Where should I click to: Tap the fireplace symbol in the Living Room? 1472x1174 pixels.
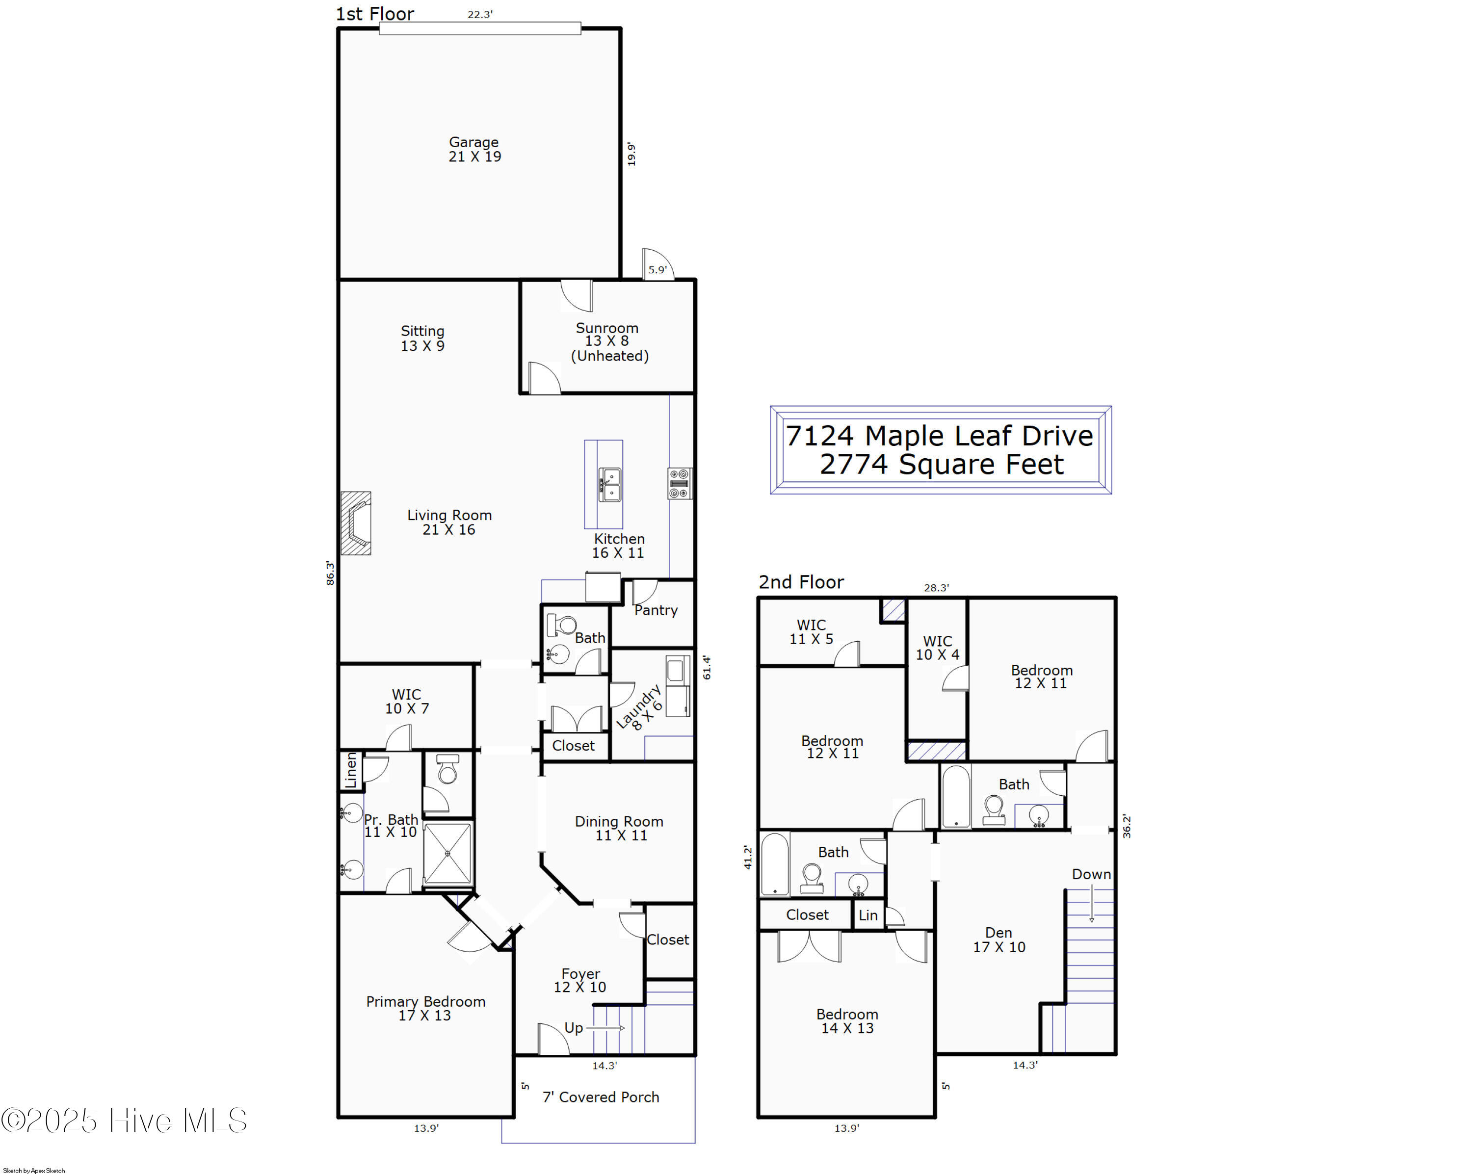(356, 523)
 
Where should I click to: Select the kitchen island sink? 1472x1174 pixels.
(610, 485)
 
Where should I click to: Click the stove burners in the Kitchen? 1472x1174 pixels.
(680, 483)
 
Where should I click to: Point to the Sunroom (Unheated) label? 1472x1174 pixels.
(609, 342)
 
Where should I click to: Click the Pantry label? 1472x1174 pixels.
(656, 610)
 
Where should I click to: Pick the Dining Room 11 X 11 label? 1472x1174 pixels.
(619, 828)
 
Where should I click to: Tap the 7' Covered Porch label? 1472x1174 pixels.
(601, 1097)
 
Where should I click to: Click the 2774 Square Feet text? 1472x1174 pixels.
(942, 464)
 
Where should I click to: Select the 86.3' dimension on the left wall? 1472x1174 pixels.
(330, 574)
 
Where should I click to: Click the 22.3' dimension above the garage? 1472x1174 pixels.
(480, 14)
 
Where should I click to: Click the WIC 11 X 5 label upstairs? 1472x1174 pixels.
(811, 632)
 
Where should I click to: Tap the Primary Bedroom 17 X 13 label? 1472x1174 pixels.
(425, 1008)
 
